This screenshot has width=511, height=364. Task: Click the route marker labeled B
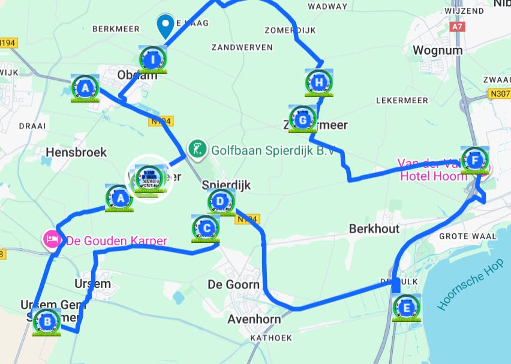click(47, 322)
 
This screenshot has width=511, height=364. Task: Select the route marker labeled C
click(206, 227)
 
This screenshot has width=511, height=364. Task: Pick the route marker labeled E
click(407, 308)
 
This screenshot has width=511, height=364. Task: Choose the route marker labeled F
click(475, 160)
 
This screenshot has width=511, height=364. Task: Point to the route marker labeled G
click(303, 119)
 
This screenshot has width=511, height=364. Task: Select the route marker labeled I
click(152, 59)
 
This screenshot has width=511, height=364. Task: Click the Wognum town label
click(437, 50)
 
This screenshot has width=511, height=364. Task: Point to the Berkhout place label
click(373, 229)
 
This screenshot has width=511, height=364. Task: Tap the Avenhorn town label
click(254, 319)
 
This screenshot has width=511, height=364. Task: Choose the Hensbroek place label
click(76, 152)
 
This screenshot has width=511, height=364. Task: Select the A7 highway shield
click(458, 26)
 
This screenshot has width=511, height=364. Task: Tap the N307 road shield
click(500, 93)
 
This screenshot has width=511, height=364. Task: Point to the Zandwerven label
click(242, 47)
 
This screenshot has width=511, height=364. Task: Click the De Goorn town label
click(233, 284)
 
